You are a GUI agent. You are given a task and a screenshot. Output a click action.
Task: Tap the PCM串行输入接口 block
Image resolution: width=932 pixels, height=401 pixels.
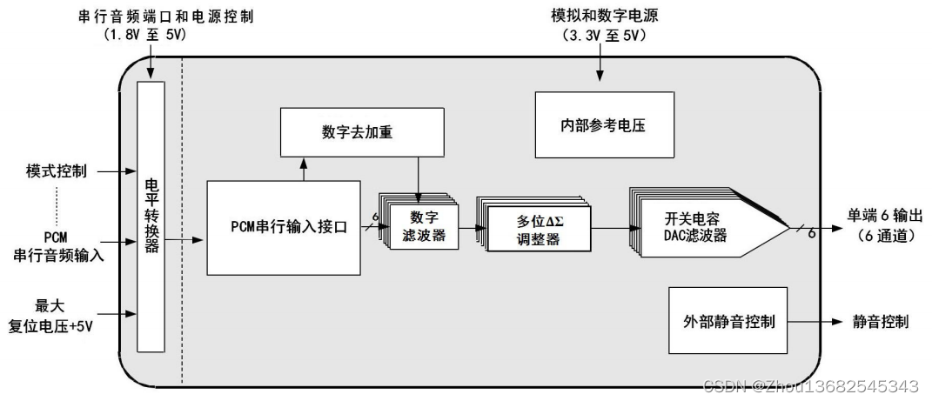pyautogui.click(x=284, y=227)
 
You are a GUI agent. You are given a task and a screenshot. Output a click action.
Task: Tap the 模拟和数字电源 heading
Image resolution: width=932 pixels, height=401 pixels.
pyautogui.click(x=599, y=16)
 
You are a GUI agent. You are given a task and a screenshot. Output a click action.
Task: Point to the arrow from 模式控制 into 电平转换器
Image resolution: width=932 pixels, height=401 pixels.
pyautogui.click(x=116, y=171)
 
